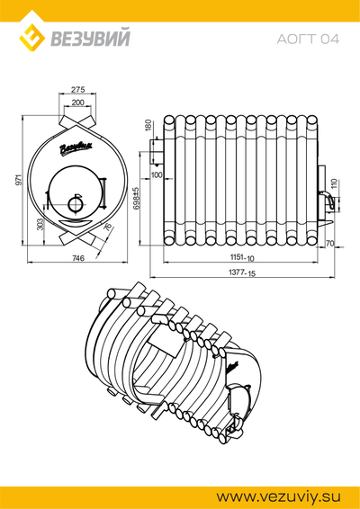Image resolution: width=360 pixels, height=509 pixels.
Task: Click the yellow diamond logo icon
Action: (31, 38)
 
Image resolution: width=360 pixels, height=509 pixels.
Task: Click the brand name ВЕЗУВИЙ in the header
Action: (90, 38)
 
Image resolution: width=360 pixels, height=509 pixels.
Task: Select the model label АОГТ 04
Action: (308, 40)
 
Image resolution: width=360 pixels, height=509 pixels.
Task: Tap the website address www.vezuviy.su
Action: (279, 496)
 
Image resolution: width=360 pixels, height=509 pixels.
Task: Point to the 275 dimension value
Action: (77, 89)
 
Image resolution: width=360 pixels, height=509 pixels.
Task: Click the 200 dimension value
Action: (77, 103)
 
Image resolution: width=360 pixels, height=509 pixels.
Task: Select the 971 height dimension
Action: (19, 180)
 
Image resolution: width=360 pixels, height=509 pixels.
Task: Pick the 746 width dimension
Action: (78, 258)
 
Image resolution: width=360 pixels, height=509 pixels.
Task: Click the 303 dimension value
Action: (40, 224)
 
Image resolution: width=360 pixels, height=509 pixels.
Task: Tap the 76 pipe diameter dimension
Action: (107, 227)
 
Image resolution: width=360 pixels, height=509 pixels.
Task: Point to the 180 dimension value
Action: (148, 125)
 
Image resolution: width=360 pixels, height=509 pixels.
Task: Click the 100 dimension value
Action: (157, 175)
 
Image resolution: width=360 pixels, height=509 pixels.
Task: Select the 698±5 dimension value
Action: (136, 199)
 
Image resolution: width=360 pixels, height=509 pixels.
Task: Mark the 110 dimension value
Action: (335, 184)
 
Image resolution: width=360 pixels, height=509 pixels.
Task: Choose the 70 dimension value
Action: (329, 243)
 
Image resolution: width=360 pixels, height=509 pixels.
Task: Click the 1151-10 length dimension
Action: (242, 257)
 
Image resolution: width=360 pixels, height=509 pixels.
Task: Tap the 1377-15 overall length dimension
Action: (242, 272)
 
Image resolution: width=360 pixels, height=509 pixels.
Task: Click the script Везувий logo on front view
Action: (76, 147)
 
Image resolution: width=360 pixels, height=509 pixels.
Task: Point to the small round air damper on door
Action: (76, 204)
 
